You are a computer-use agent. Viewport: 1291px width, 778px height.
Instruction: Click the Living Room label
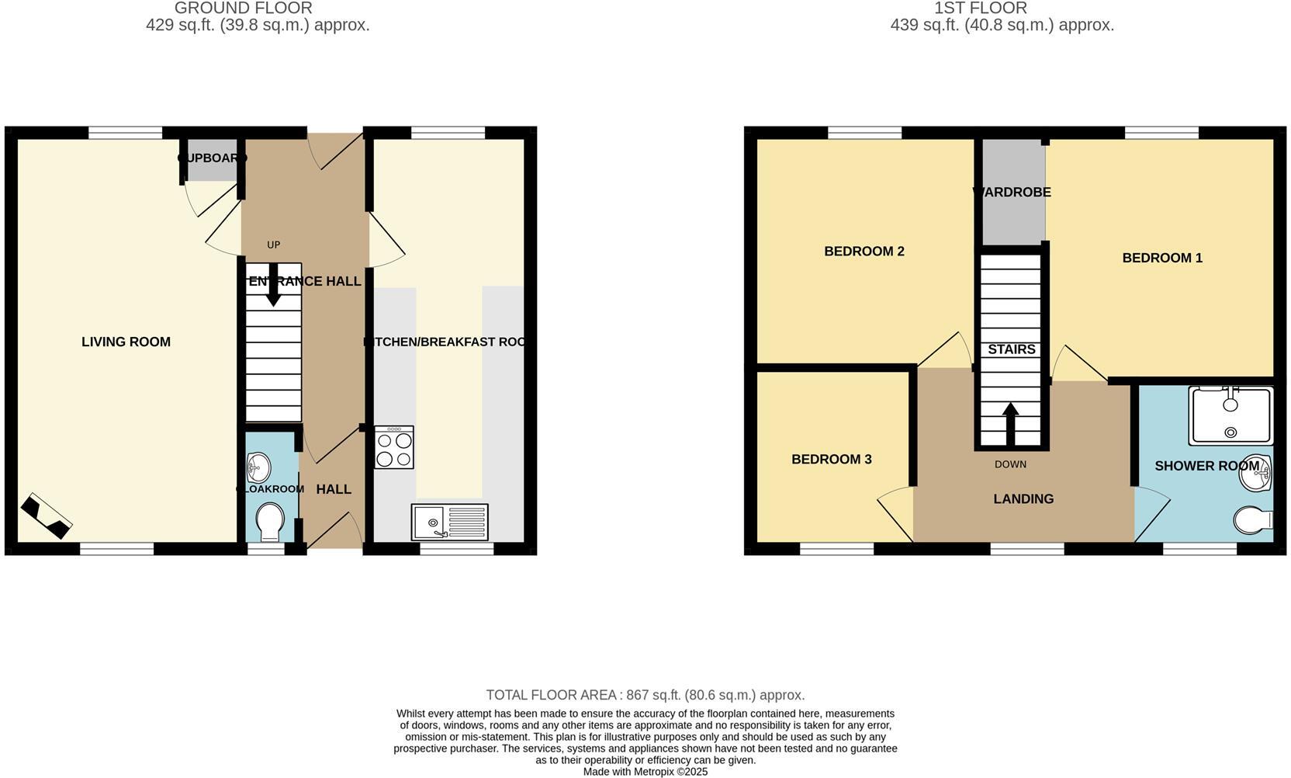pyautogui.click(x=126, y=342)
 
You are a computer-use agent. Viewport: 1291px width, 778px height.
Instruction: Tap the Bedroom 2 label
pyautogui.click(x=864, y=252)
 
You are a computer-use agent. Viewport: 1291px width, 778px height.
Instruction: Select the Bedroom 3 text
pyautogui.click(x=831, y=460)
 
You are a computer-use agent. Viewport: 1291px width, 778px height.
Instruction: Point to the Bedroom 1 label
pyautogui.click(x=1161, y=258)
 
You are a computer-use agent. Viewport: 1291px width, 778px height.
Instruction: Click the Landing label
pyautogui.click(x=1023, y=499)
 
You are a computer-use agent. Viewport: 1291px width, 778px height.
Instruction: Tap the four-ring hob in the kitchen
pyautogui.click(x=394, y=448)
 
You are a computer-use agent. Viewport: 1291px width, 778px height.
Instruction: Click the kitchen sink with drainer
pyautogui.click(x=450, y=522)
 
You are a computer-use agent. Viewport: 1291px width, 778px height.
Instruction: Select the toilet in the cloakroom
pyautogui.click(x=269, y=522)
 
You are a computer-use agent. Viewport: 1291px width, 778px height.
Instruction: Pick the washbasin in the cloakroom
pyautogui.click(x=258, y=468)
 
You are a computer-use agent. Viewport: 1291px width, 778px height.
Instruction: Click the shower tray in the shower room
pyautogui.click(x=1230, y=416)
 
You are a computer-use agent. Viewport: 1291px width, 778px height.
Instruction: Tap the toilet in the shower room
pyautogui.click(x=1253, y=519)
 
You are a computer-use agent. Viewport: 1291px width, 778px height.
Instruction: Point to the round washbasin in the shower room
pyautogui.click(x=1255, y=473)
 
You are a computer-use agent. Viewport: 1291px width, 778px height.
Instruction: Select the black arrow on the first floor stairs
pyautogui.click(x=1010, y=422)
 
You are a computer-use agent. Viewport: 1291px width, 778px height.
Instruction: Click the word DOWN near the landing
pyautogui.click(x=1010, y=464)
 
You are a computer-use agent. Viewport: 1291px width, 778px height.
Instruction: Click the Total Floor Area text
pyautogui.click(x=645, y=695)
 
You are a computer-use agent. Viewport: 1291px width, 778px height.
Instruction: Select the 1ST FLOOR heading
pyautogui.click(x=980, y=9)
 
